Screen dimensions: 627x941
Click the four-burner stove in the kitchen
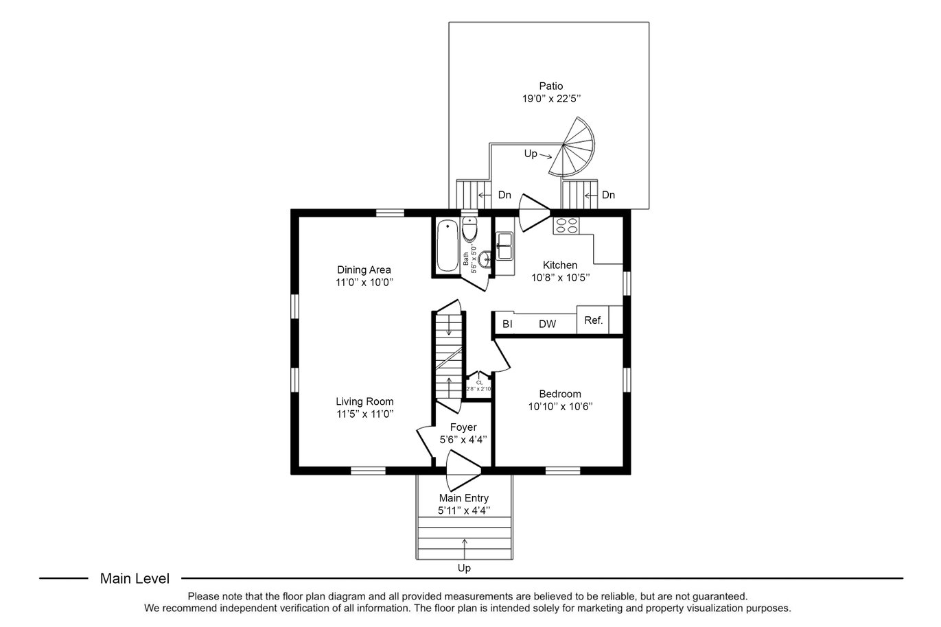pyautogui.click(x=567, y=226)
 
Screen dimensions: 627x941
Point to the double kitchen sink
pyautogui.click(x=507, y=246)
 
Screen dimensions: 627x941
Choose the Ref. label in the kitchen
pyautogui.click(x=593, y=320)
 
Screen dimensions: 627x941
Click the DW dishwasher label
pyautogui.click(x=547, y=324)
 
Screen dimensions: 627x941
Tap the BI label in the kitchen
pyautogui.click(x=507, y=324)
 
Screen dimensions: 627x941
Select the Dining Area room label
pyautogui.click(x=364, y=270)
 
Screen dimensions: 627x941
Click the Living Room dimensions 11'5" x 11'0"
pyautogui.click(x=364, y=414)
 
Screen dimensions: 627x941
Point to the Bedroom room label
pyautogui.click(x=560, y=394)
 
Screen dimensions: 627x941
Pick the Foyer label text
pyautogui.click(x=463, y=427)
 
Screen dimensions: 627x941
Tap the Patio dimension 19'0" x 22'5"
pyautogui.click(x=550, y=98)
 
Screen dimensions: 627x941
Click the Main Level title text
pyautogui.click(x=135, y=578)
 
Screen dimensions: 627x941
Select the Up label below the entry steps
pyautogui.click(x=465, y=568)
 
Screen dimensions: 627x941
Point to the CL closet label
pyautogui.click(x=479, y=382)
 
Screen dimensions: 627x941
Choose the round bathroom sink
pyautogui.click(x=485, y=259)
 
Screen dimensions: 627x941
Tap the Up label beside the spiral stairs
pyautogui.click(x=531, y=154)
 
